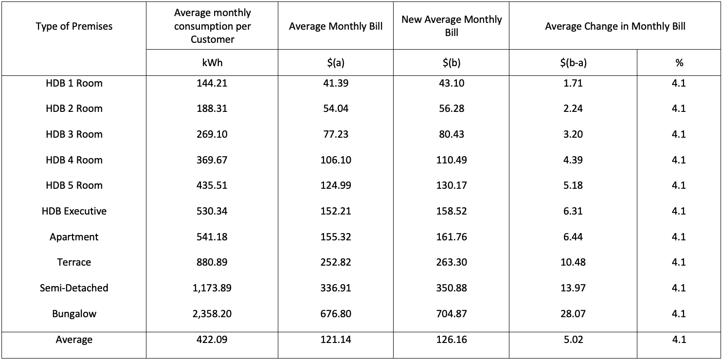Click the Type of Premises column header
[74, 26]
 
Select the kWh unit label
[212, 63]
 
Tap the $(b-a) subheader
[573, 63]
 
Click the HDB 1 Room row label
[74, 83]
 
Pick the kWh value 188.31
[212, 108]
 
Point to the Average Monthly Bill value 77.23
[336, 134]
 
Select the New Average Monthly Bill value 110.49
[451, 160]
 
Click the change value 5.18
[573, 185]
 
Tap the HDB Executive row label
[74, 211]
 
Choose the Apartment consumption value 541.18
[212, 237]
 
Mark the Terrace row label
[74, 262]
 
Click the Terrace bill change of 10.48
[573, 262]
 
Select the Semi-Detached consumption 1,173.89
[212, 288]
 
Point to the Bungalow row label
[74, 314]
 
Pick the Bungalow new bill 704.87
[451, 314]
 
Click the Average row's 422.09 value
[212, 340]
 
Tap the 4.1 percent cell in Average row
[679, 340]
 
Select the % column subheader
[679, 63]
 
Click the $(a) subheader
[336, 63]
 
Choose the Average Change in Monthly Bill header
[615, 26]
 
